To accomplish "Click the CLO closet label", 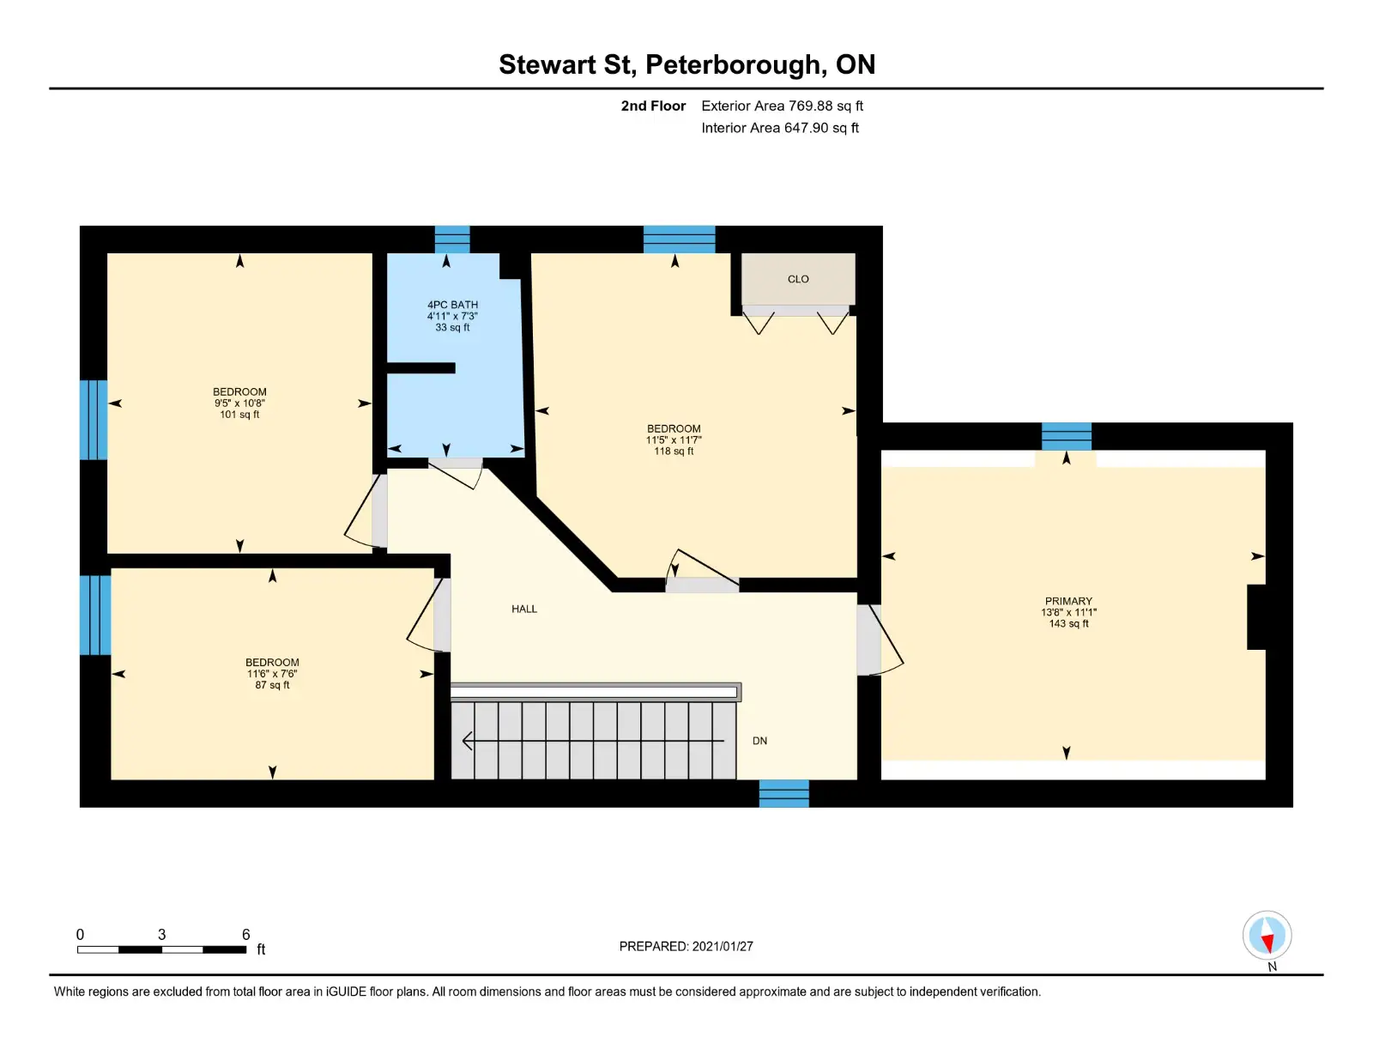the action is (797, 279).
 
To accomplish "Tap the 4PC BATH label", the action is (452, 305).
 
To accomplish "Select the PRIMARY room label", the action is (1068, 601).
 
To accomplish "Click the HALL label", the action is (523, 609).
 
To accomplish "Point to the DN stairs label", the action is (759, 741).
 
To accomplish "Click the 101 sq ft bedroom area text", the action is (239, 415).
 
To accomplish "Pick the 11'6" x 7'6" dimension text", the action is (272, 674).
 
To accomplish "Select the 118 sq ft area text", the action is (674, 452).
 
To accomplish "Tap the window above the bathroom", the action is (452, 239).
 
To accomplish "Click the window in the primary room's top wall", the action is (1067, 436).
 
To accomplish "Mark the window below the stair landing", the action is (783, 793).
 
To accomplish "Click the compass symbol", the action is (1267, 936).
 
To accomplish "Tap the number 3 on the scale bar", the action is (161, 934).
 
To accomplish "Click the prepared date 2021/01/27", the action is (723, 946).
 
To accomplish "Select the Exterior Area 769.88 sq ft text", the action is (783, 106).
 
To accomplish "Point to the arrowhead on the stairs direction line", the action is (468, 741).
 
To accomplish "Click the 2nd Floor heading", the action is (653, 106).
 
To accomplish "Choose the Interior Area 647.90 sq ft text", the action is (780, 128).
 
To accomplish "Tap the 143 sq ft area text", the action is (1068, 624).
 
